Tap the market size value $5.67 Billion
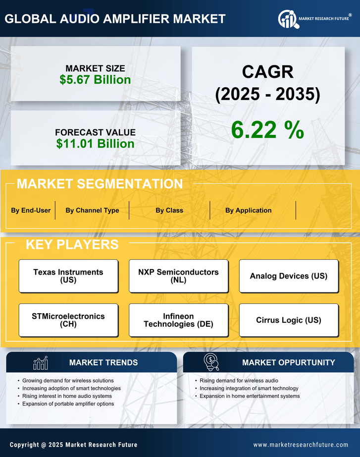[95, 80]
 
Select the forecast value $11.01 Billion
[95, 144]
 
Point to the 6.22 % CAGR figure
[267, 130]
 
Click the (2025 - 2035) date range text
[267, 95]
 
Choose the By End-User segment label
[31, 210]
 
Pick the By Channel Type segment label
[92, 210]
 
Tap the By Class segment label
[169, 210]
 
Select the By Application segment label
[248, 210]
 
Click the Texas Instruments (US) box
[68, 276]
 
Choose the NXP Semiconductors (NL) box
[179, 276]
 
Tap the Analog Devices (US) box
[289, 276]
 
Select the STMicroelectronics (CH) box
[68, 320]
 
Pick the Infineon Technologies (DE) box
[179, 320]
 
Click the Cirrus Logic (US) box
[289, 320]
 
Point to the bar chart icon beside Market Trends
[41, 363]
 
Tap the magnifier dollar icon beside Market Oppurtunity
[211, 362]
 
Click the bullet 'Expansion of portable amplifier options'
[68, 404]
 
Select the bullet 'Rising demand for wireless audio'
[239, 381]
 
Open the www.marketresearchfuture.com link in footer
[301, 445]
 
